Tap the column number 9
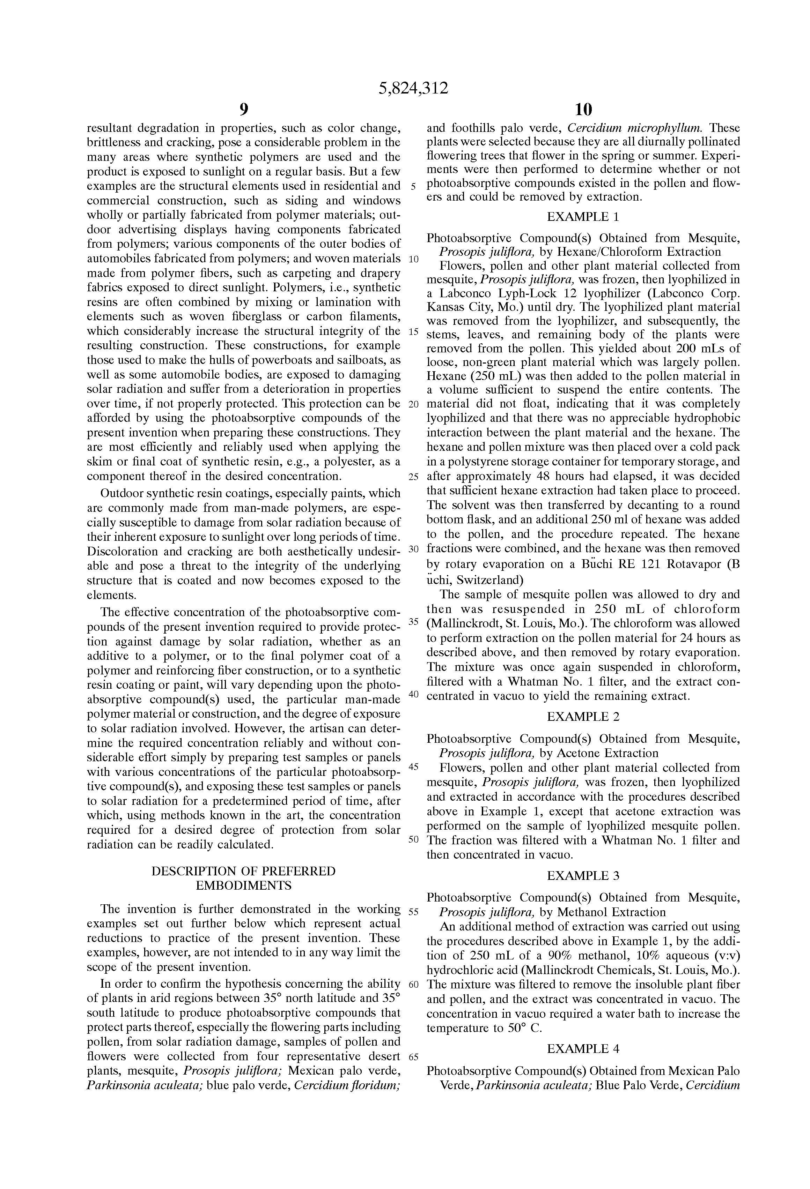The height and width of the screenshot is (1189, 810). pyautogui.click(x=244, y=110)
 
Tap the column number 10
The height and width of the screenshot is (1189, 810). pyautogui.click(x=583, y=110)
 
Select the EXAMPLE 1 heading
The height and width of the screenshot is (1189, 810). pyautogui.click(x=583, y=217)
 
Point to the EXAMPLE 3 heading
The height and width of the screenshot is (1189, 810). pyautogui.click(x=583, y=876)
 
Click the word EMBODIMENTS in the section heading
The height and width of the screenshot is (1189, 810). pyautogui.click(x=244, y=885)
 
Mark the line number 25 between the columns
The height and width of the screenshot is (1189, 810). pyautogui.click(x=414, y=477)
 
